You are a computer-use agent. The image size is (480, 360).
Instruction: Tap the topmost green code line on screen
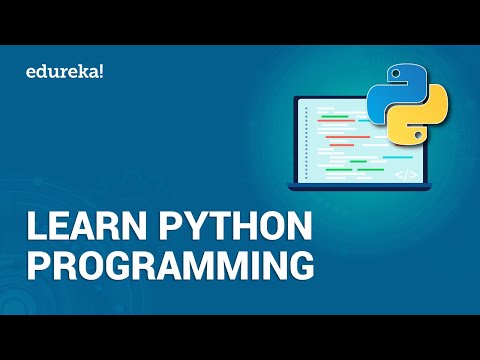(335, 116)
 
